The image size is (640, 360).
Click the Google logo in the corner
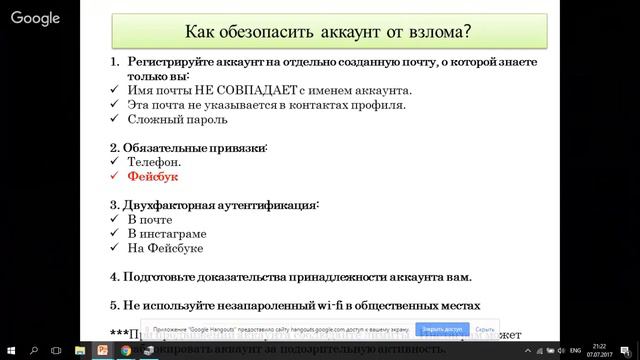coord(36,18)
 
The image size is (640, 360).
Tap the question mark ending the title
coord(465,31)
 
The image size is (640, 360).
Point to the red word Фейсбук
coord(152,176)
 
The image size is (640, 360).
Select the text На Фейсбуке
coord(164,247)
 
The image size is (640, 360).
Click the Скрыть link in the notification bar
coord(486,328)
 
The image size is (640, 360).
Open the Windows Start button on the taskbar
coord(9,352)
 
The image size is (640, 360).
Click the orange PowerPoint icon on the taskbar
coord(101,352)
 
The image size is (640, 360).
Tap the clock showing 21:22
coord(597,347)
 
